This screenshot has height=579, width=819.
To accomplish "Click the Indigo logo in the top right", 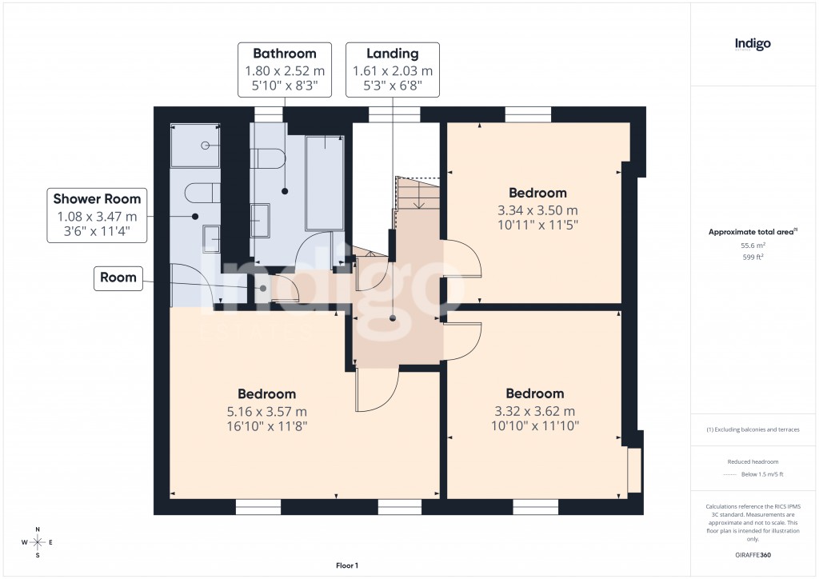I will [x=753, y=45].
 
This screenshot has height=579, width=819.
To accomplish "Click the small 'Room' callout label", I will [x=118, y=278].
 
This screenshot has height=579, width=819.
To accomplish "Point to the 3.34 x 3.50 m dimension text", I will [x=537, y=210].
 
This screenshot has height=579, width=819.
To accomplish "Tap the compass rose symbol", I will [x=38, y=542].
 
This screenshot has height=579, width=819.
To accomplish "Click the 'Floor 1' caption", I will [x=347, y=565].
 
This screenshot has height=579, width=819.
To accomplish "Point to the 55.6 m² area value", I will [x=753, y=246].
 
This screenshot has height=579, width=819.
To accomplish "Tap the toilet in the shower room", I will [x=200, y=194].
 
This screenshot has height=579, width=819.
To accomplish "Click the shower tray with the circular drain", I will [x=196, y=146].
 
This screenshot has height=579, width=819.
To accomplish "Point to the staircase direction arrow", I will [x=417, y=199].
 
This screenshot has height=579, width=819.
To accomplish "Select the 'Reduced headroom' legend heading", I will [x=753, y=461].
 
